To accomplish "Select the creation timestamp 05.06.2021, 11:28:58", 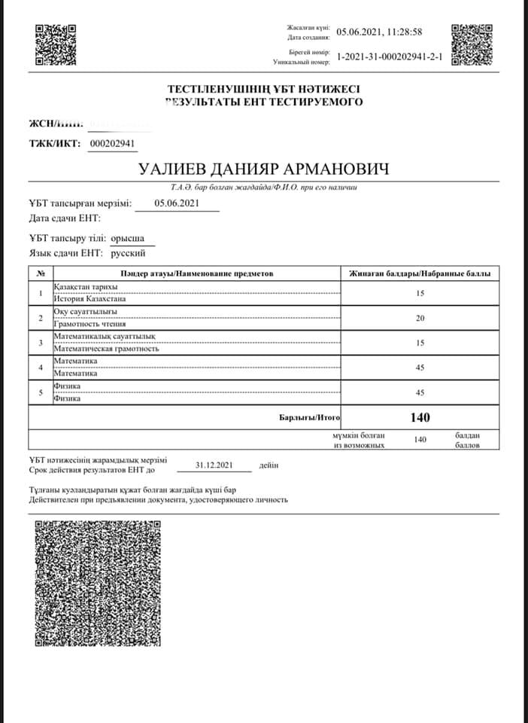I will [379, 32].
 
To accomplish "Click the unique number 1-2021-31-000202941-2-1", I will [390, 56].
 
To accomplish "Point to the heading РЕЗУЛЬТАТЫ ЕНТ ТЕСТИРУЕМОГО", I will [265, 101].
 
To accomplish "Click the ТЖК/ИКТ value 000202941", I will [113, 144].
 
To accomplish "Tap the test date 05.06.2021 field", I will [177, 203].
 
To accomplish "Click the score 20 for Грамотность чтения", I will [420, 318].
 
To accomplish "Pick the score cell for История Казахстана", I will [420, 293].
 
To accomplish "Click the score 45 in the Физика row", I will [420, 392].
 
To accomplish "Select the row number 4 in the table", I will [40, 368].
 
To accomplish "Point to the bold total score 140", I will [420, 416].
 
